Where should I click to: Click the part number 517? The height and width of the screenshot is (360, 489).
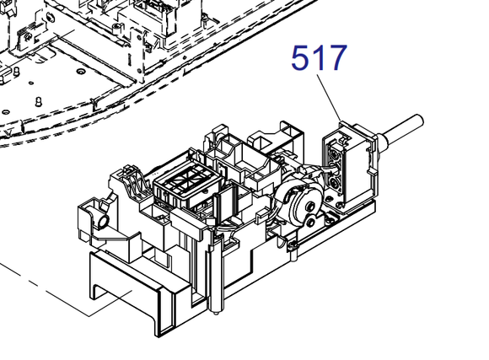click(319, 59)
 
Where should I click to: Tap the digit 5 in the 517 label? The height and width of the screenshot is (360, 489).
click(301, 59)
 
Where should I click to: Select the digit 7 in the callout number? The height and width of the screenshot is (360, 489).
click(336, 59)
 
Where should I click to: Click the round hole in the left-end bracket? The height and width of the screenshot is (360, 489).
click(104, 221)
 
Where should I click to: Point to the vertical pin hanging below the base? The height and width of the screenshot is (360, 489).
click(218, 304)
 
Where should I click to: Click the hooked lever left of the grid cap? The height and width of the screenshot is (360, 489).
click(129, 178)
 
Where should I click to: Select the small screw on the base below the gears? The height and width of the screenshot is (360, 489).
click(291, 244)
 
